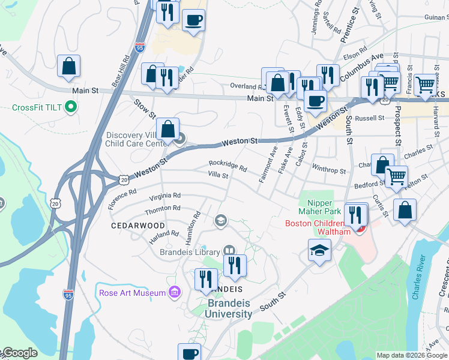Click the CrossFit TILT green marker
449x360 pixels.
pyautogui.click(x=71, y=108)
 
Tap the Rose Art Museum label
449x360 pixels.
pyautogui.click(x=133, y=293)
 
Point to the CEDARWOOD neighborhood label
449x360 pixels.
pyautogui.click(x=138, y=225)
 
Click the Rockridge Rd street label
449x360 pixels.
pyautogui.click(x=228, y=166)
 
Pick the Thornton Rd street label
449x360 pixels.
pyautogui.click(x=163, y=209)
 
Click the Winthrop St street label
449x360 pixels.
pyautogui.click(x=330, y=170)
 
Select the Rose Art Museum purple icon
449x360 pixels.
pyautogui.click(x=175, y=292)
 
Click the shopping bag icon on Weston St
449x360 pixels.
pyautogui.click(x=168, y=128)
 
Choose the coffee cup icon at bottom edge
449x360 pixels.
pyautogui.click(x=190, y=353)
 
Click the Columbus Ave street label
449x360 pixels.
pyautogui.click(x=361, y=68)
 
